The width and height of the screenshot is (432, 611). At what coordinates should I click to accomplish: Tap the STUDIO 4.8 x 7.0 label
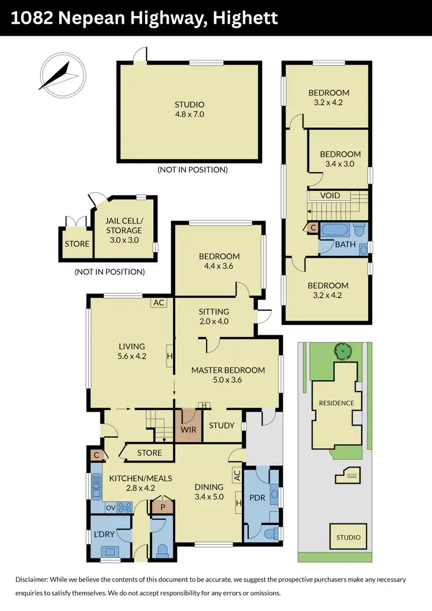(190, 109)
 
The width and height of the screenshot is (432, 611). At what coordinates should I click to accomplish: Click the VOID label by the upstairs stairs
(329, 196)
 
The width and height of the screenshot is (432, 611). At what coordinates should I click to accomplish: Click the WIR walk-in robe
(189, 429)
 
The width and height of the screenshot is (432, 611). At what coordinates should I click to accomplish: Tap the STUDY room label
(222, 426)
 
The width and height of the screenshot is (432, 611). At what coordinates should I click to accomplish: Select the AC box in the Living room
(158, 302)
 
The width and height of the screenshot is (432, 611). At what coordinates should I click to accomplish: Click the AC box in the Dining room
(236, 475)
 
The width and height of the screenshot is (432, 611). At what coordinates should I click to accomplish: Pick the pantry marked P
(163, 507)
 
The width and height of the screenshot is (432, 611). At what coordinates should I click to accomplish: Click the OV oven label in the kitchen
(110, 507)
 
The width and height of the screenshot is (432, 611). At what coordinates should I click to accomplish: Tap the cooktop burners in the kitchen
(124, 507)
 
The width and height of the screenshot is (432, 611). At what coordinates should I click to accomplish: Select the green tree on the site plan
(343, 350)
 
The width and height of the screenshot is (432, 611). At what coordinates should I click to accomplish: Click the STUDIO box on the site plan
(348, 537)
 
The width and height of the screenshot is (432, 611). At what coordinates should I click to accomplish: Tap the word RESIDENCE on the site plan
(336, 403)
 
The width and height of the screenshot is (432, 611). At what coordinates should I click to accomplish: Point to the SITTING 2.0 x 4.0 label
(214, 317)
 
